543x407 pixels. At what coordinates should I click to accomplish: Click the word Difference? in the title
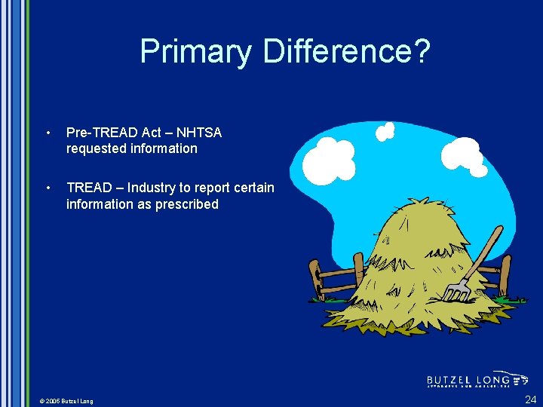tap(346, 51)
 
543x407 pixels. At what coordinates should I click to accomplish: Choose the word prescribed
tap(187, 204)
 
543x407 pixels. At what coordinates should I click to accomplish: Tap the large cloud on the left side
tap(333, 158)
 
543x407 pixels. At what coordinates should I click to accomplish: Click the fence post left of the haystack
tap(315, 279)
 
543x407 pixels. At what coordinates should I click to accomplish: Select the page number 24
tap(530, 399)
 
